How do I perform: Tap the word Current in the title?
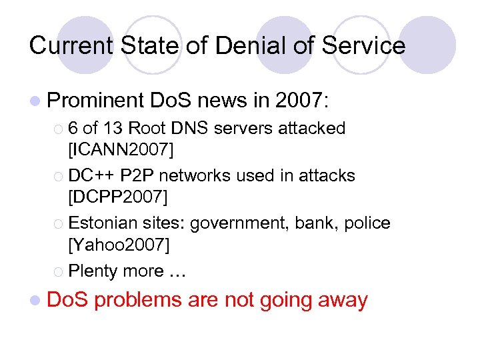67,45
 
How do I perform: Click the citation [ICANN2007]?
121,151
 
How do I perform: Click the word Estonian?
104,223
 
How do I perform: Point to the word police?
370,223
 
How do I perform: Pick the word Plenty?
92,271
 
